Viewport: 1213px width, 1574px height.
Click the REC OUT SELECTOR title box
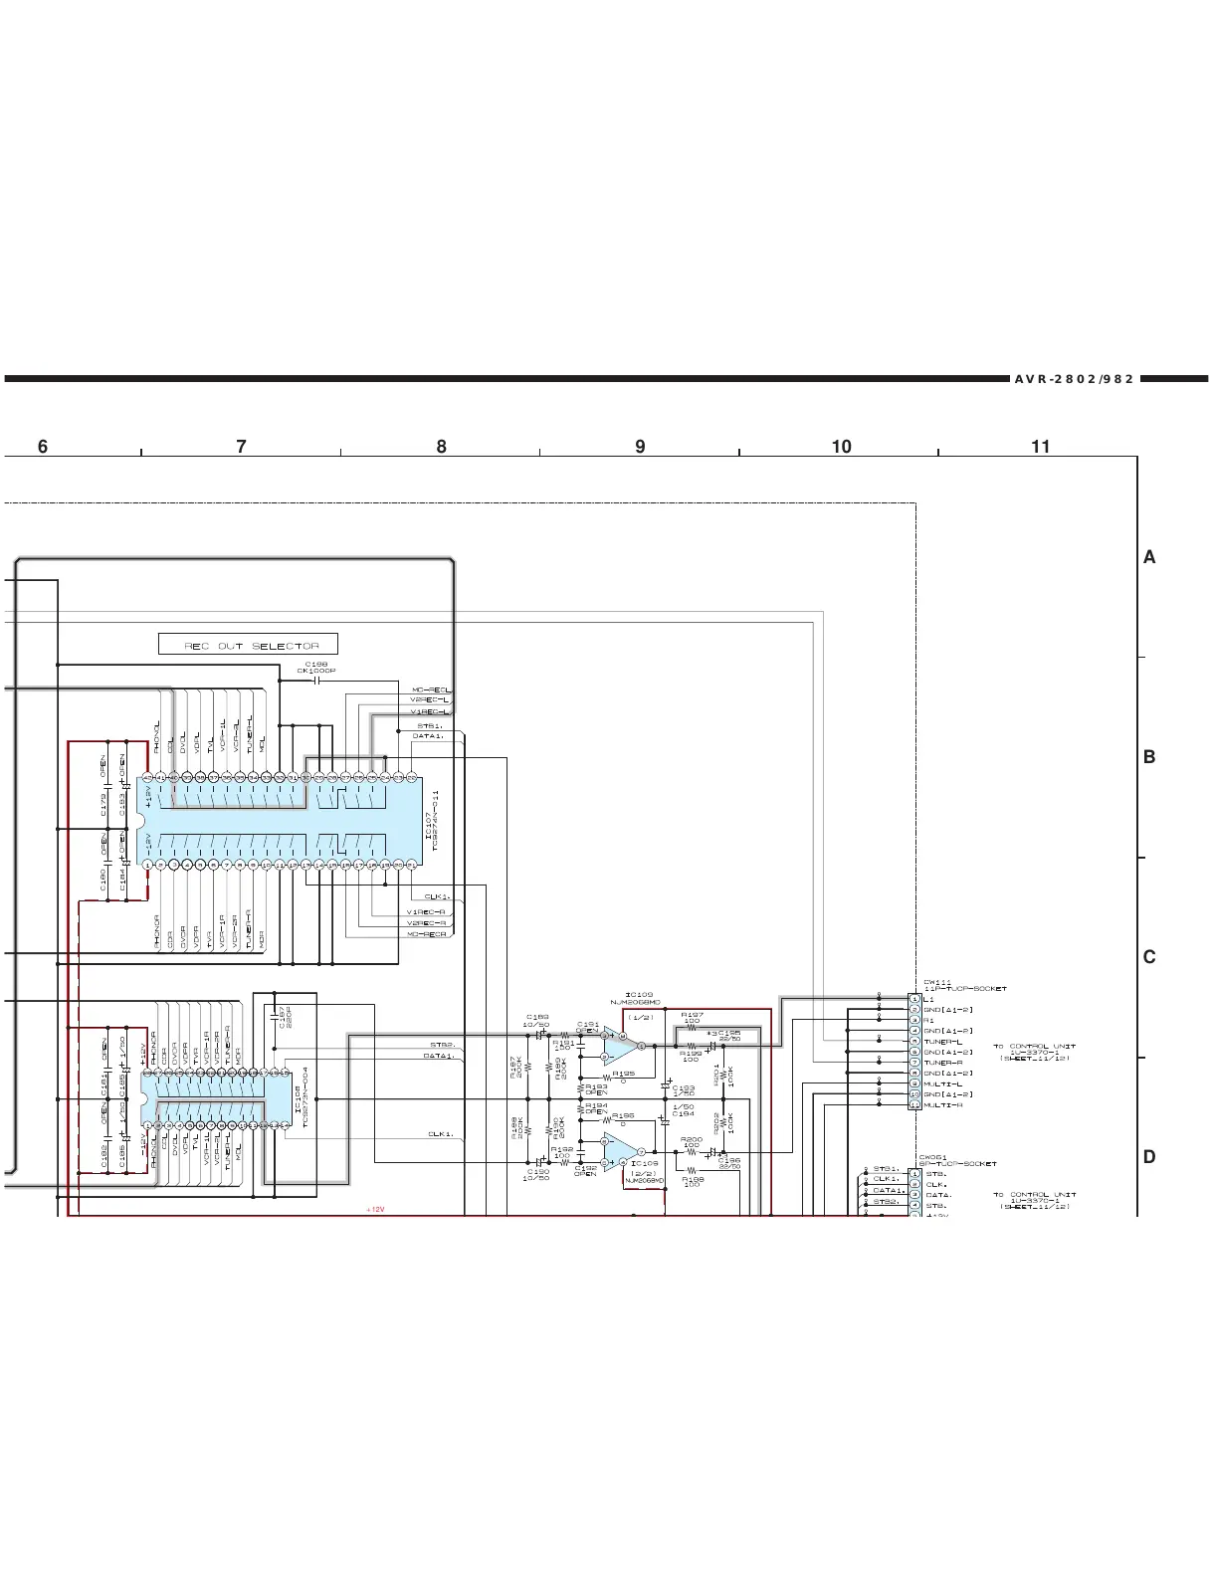click(248, 645)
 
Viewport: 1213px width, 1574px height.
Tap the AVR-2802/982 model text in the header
click(1074, 379)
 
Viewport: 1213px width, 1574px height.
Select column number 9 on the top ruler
click(640, 447)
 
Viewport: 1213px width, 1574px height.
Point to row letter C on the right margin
click(1149, 957)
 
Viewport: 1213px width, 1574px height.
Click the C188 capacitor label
click(316, 664)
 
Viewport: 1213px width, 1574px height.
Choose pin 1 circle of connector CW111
click(914, 998)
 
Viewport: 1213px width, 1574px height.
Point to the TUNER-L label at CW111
click(943, 1042)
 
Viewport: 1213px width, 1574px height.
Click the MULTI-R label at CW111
click(943, 1105)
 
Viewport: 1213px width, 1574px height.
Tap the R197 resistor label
click(692, 1015)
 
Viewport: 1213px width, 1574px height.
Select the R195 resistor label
click(623, 1074)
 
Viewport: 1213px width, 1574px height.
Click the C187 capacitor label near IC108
click(282, 1018)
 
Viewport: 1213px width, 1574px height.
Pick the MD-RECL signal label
click(430, 689)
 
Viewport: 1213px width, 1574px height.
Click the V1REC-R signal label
click(427, 911)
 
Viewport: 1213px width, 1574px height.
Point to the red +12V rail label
click(374, 1210)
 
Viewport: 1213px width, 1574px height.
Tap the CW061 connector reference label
click(932, 1157)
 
